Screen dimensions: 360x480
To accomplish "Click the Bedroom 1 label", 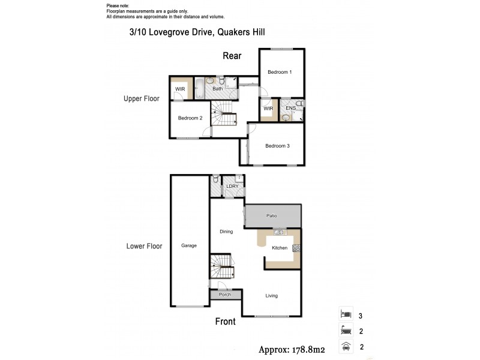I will coord(280,73).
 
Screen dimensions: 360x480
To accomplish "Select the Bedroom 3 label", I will coord(277,146).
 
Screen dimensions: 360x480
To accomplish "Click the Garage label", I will coord(189,245).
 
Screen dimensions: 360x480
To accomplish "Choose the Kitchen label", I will coord(280,248).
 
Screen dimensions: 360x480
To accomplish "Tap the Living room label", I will coord(274,295).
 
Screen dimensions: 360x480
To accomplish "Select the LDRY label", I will coord(232,187).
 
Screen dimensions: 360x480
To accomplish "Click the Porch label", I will coord(225,295).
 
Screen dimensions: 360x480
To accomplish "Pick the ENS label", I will coord(290,108).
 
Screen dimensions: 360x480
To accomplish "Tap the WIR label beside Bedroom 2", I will coord(179,89).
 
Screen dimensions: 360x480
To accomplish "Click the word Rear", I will coord(232,56).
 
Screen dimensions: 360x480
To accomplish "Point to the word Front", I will coord(225,322).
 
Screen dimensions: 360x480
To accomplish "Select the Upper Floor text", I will coord(141,98).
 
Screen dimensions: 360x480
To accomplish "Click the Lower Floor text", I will coord(144,246).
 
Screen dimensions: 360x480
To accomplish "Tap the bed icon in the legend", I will coord(344,314).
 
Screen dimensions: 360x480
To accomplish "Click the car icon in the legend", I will coord(344,346).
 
